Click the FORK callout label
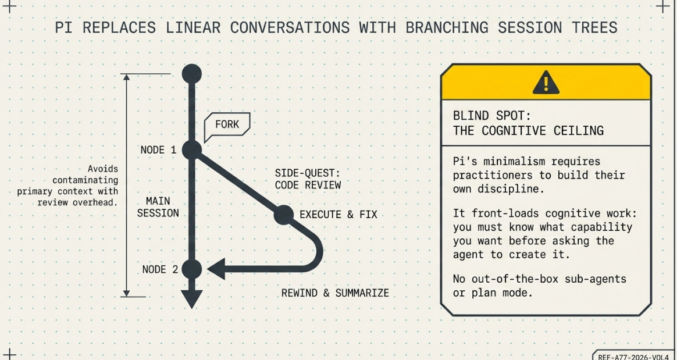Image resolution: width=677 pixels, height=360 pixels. click(x=227, y=124)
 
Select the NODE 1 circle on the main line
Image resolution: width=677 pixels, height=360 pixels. click(x=192, y=149)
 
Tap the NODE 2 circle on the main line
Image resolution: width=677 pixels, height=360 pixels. click(x=192, y=269)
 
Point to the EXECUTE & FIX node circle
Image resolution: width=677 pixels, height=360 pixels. click(x=284, y=215)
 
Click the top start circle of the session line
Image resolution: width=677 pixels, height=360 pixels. click(x=192, y=74)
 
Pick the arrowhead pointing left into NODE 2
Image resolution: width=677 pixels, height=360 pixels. click(x=216, y=269)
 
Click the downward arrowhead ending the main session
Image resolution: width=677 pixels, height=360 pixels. click(x=192, y=298)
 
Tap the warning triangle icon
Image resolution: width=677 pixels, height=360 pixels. click(x=546, y=83)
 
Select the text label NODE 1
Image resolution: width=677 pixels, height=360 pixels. click(x=158, y=150)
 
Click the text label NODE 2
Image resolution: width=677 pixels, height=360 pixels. click(x=160, y=269)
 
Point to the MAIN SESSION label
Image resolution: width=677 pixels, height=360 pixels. click(x=158, y=207)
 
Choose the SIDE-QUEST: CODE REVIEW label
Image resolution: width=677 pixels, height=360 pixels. click(x=308, y=179)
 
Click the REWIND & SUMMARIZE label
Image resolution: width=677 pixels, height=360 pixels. click(x=335, y=293)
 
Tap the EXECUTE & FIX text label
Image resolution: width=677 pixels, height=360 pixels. click(x=338, y=215)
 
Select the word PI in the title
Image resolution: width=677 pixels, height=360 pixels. click(x=63, y=27)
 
